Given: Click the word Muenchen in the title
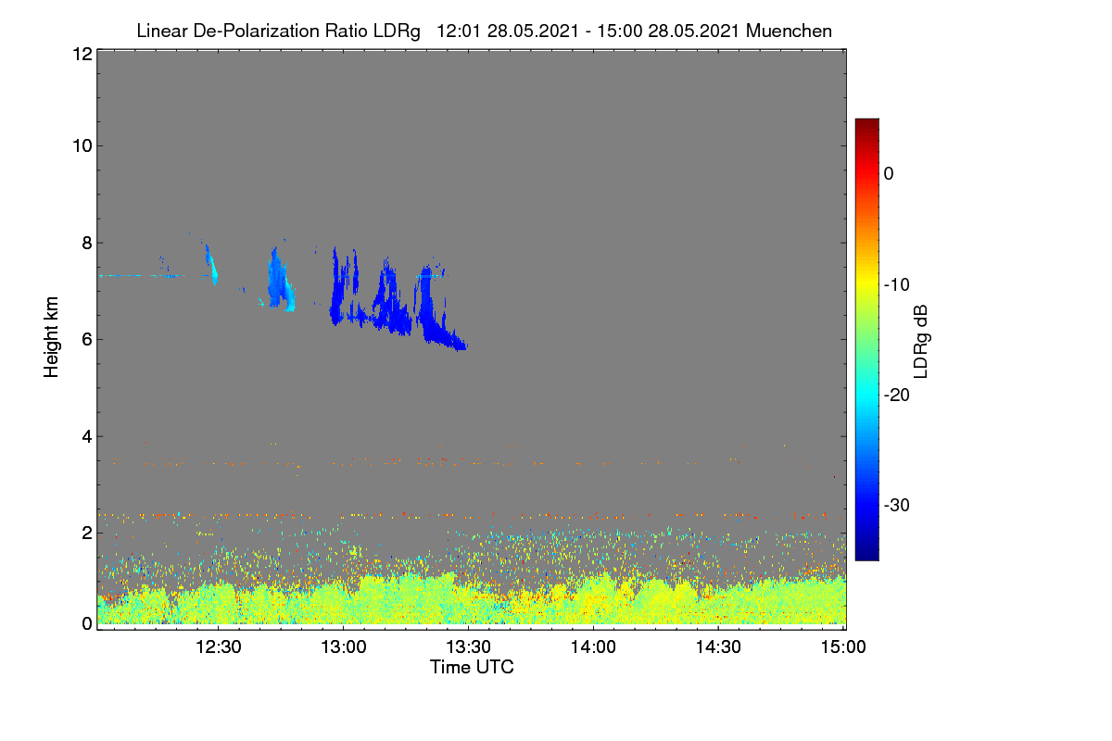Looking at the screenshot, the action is point(789,31).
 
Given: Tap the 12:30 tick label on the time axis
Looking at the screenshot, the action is point(219,647).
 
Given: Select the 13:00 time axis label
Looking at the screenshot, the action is point(344,647).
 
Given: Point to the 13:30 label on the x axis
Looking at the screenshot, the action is point(468,647).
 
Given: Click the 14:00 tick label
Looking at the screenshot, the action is point(593,647).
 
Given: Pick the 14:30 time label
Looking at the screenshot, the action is point(718,647).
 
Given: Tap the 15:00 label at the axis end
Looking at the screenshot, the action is point(843,647).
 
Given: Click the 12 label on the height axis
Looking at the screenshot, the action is point(82,54).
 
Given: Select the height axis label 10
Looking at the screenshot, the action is point(82,146).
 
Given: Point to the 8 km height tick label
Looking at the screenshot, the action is point(87,244).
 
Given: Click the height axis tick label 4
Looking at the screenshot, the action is point(87,437).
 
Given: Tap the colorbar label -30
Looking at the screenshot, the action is point(897,505).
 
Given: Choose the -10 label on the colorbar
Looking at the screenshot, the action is point(897,285).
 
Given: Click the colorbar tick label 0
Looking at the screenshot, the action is point(889,174).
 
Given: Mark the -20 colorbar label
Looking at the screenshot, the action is point(897,396).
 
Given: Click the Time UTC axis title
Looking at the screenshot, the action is point(472,667).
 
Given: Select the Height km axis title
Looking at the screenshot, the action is point(51,337).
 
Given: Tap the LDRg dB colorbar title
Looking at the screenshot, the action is point(921,342).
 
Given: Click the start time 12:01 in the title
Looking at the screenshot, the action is point(459,31).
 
